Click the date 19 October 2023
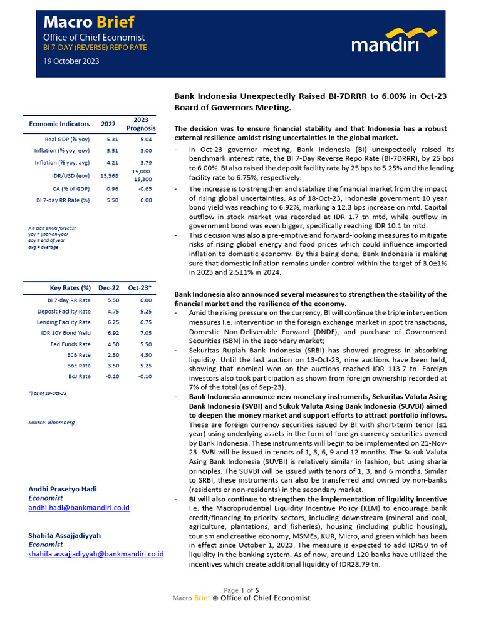point(71,61)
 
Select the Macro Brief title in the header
point(88,23)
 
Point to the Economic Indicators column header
point(59,124)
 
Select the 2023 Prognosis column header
point(141,124)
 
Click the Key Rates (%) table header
point(70,288)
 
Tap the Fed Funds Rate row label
point(70,344)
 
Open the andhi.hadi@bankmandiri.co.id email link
point(79,508)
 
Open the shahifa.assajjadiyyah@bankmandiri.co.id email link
point(96,554)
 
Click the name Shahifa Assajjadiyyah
point(65,536)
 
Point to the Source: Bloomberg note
point(51,423)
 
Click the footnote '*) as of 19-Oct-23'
point(48,392)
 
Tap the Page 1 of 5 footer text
point(241,590)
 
